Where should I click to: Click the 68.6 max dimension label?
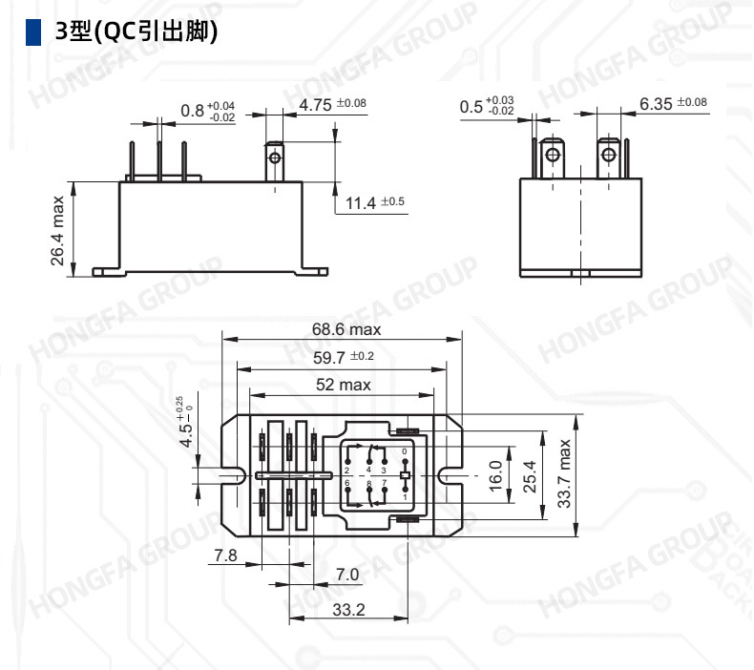(346, 329)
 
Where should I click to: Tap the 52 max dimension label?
(343, 385)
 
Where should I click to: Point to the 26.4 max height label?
(57, 231)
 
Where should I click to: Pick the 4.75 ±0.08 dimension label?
(332, 103)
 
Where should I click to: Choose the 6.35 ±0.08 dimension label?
(673, 103)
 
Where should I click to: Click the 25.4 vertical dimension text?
(530, 473)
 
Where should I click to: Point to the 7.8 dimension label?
(225, 555)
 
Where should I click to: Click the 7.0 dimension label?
(347, 575)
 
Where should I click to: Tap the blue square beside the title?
(33, 32)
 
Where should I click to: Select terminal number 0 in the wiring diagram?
(405, 450)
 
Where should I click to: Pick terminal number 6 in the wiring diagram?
(347, 483)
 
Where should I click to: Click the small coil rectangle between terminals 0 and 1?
(405, 474)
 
